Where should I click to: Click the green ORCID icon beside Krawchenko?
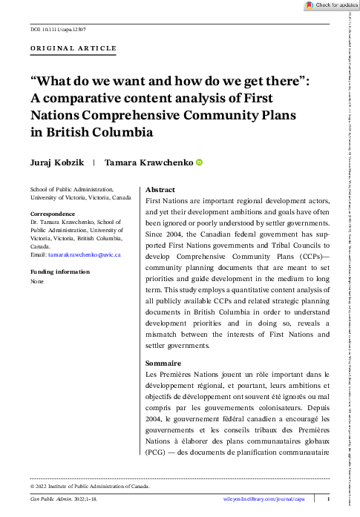click(x=198, y=162)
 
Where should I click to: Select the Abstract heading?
click(x=161, y=190)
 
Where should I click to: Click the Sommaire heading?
click(x=163, y=363)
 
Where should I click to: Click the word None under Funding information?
click(x=37, y=282)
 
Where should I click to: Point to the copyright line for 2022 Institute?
click(x=90, y=486)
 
